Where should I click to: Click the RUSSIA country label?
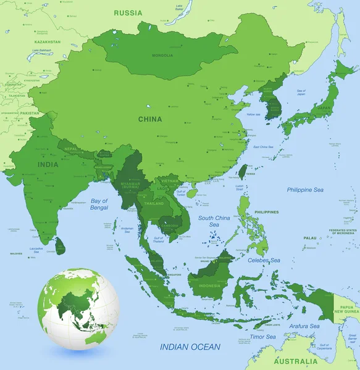128,12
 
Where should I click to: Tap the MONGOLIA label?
162,55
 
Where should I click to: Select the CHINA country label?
150,119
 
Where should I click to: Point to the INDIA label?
48,165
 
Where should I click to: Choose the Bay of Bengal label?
99,205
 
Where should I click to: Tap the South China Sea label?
214,221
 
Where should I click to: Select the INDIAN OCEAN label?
189,348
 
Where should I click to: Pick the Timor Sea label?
263,337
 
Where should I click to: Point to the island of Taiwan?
243,172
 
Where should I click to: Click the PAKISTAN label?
28,113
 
